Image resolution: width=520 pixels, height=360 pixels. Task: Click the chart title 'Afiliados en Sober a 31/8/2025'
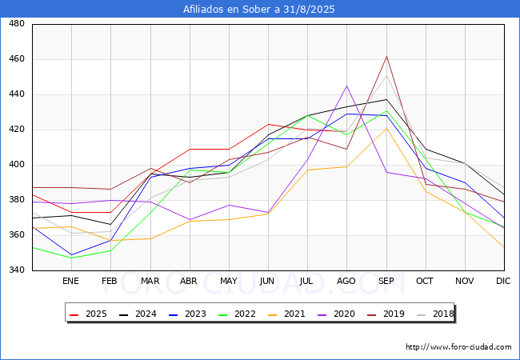coord(258,10)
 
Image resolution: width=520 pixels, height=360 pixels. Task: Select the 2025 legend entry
coord(88,314)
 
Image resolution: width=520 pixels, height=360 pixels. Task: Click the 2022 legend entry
coord(237,314)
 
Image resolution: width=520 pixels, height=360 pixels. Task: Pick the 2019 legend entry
coord(386,314)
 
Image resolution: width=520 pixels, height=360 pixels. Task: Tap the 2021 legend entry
coord(286,314)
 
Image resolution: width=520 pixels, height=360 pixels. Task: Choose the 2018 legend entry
coord(435,314)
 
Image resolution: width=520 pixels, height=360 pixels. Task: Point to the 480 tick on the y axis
coord(17,23)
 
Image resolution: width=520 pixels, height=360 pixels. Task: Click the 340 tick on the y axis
coord(17,270)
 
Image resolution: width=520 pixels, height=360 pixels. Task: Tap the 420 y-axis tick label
coord(17,130)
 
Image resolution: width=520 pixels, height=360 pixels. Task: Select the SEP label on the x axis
coord(386,281)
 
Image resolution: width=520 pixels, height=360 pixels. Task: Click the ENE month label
coord(70,281)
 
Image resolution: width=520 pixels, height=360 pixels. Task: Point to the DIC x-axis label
coord(503,281)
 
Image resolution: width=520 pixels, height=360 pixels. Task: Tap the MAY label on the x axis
coord(229,281)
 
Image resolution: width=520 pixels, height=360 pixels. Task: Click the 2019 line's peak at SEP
coord(386,56)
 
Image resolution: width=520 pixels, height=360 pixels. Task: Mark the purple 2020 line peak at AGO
coord(347,86)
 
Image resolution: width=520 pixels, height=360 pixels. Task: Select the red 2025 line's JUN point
coord(268,124)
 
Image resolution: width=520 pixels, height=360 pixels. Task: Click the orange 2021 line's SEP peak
coord(386,128)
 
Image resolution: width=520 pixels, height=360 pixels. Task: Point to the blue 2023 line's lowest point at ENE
coord(72,255)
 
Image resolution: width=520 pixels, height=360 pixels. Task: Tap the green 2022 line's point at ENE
coord(72,258)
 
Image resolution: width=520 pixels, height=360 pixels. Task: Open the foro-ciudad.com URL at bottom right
coord(458,347)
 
